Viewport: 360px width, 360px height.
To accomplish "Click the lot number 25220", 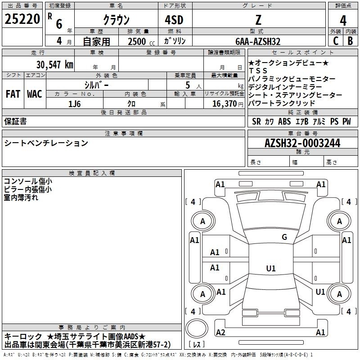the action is point(22,19).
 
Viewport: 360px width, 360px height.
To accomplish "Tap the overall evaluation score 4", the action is point(343,20).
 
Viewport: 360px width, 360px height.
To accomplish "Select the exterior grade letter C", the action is point(336,41).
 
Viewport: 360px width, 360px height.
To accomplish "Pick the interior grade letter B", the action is point(351,41).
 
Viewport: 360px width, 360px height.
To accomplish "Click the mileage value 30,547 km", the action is point(55,65).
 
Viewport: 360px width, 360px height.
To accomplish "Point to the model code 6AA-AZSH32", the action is point(258,41).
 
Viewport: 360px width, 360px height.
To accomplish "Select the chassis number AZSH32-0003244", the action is point(302,143).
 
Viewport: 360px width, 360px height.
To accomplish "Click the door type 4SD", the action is point(174,20).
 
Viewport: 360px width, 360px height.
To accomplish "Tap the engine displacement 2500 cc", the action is point(141,41).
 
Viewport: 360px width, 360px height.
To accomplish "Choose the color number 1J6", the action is point(75,104).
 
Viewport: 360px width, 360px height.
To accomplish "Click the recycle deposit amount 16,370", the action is point(225,103).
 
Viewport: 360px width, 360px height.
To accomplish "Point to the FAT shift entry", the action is point(13,94).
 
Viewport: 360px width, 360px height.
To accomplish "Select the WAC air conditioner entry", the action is point(35,94).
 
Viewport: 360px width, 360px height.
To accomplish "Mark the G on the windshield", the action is point(284,237).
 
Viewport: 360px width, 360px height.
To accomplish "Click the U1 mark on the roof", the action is point(271,268).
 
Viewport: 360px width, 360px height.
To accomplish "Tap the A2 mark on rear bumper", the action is point(220,332).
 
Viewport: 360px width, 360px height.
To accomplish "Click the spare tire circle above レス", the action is point(197,328).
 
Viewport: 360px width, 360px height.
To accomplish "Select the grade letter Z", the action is point(258,20).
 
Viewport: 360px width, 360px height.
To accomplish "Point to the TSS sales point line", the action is point(258,71).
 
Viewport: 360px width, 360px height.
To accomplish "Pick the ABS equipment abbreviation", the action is point(284,121).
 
